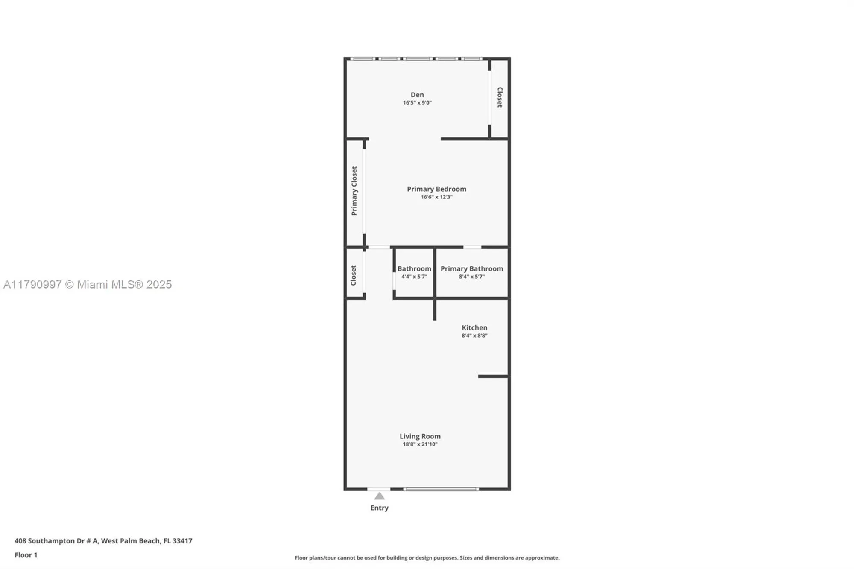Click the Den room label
(417, 95)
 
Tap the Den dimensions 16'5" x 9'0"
(417, 103)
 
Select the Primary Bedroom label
(436, 189)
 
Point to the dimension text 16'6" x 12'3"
(436, 197)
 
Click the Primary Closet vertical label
(354, 191)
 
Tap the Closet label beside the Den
(500, 97)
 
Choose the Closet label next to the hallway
(353, 275)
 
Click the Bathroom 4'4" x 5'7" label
(414, 271)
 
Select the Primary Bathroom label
(471, 268)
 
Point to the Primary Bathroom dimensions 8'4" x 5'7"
(471, 277)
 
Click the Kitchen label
(474, 327)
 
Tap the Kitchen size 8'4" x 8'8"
(474, 336)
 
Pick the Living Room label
(420, 436)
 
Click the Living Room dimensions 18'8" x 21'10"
(420, 444)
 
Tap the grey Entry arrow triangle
(379, 496)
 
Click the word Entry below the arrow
(379, 508)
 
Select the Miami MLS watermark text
(88, 284)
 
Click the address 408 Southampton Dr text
(103, 540)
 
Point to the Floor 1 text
(26, 555)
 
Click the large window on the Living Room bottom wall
(441, 489)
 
